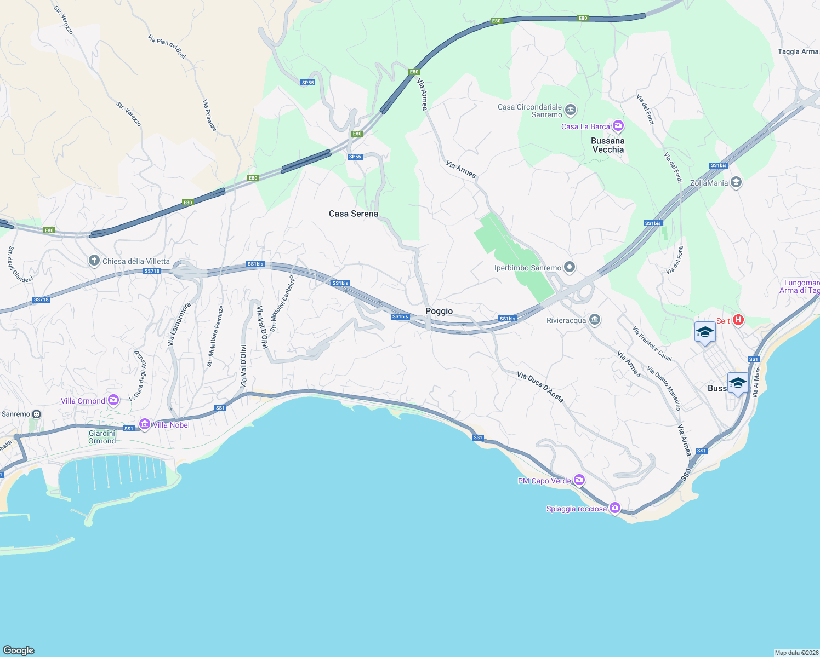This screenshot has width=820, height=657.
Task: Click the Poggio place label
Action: coord(439,311)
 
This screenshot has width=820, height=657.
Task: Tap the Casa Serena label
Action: coord(354,214)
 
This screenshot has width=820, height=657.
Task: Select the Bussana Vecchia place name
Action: coord(608,145)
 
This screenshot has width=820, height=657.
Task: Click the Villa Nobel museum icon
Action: coord(145,424)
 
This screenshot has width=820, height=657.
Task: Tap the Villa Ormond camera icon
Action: coord(113,400)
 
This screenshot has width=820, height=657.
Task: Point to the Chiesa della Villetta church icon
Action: coord(94,261)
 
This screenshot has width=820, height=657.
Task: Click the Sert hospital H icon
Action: coord(738,320)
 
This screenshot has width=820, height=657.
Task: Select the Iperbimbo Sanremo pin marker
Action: coord(570,267)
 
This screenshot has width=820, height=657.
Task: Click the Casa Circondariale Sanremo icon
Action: coord(571,110)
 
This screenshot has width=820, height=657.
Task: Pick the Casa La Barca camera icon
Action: coord(618,126)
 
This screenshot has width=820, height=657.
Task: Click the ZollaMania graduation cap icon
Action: coord(736,182)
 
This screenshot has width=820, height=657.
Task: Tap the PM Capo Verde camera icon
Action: coord(579,480)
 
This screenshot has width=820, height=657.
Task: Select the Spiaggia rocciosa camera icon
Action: coord(615,508)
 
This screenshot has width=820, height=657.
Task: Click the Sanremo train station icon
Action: coord(37,414)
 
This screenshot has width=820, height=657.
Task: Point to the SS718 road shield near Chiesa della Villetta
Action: coord(152,271)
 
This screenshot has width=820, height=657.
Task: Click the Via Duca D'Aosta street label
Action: coord(540,387)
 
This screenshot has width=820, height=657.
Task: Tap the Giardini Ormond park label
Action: coord(102,437)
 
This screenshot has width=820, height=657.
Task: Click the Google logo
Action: coord(19,650)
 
